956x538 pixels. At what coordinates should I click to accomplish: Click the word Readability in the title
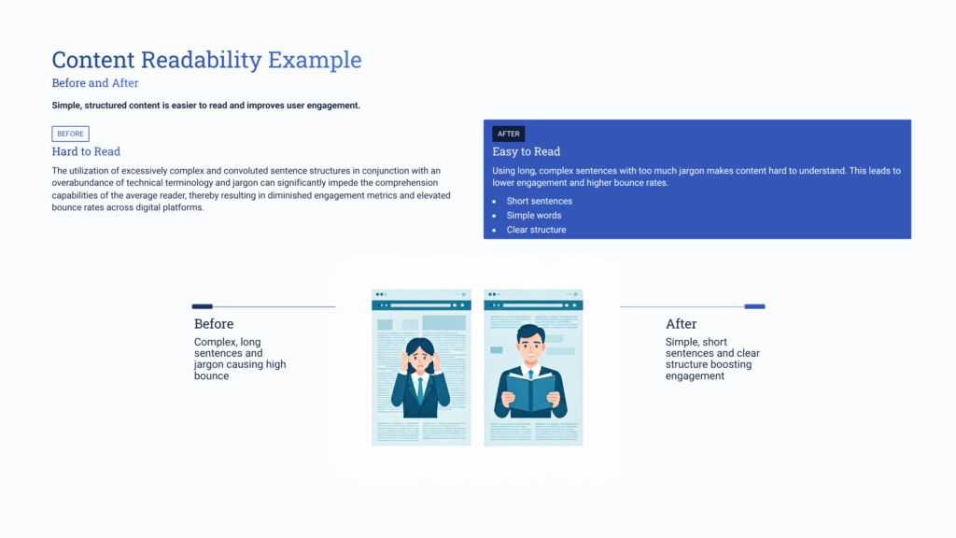(201, 61)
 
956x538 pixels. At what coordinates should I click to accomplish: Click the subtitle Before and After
(95, 83)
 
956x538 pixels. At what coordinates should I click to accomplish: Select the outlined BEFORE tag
(70, 134)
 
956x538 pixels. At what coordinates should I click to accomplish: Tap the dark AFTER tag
(509, 134)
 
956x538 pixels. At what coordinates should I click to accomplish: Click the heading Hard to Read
(86, 151)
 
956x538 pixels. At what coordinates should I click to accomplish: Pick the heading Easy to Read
(527, 151)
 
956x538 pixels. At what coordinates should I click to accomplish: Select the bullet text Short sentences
(540, 201)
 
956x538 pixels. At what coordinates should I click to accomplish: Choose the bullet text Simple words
(534, 216)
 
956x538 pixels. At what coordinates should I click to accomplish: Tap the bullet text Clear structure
(536, 230)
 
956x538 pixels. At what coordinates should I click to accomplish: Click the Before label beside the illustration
(214, 324)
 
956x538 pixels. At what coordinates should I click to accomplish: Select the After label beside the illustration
(681, 324)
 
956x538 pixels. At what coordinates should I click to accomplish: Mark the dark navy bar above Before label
(202, 306)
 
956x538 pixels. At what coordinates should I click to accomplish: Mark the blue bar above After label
(754, 306)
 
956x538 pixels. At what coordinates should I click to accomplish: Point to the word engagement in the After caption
(695, 375)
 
